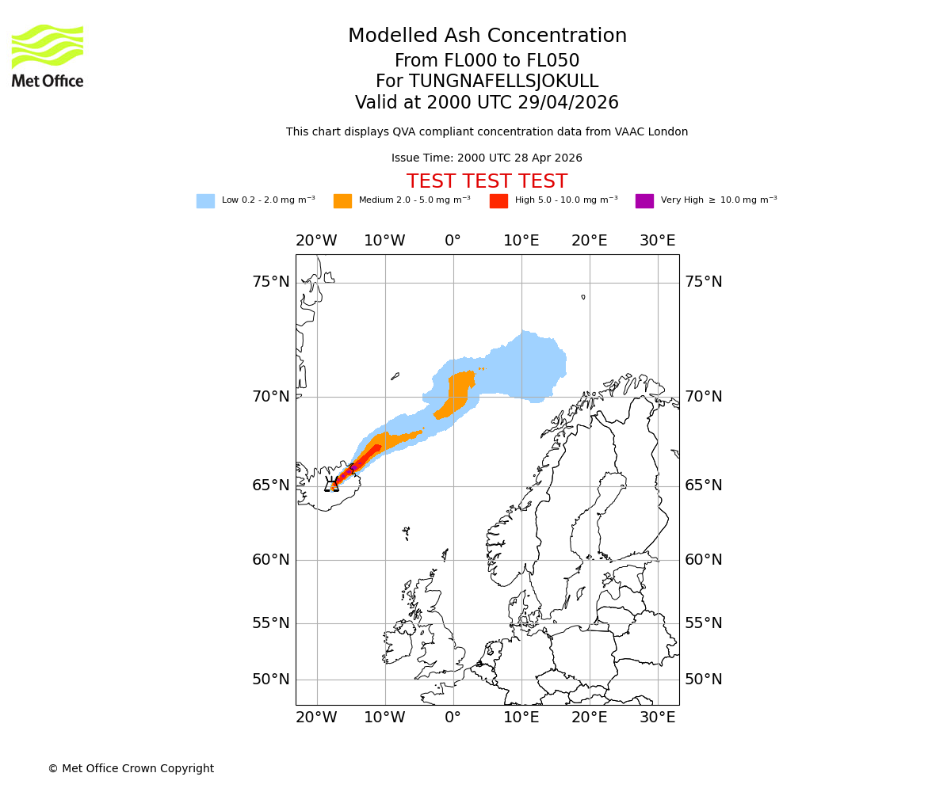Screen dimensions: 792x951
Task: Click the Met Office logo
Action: point(48,55)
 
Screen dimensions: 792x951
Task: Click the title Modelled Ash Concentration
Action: point(487,36)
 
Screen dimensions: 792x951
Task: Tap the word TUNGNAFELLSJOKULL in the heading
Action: point(503,82)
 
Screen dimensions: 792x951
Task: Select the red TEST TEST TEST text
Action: point(487,181)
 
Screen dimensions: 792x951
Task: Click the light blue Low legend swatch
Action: point(205,201)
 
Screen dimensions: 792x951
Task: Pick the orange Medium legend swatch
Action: point(342,201)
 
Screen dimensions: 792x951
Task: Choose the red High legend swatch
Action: point(498,201)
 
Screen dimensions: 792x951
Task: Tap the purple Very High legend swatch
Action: point(644,201)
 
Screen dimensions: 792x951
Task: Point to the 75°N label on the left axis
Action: point(271,282)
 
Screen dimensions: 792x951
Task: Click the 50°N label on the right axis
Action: point(704,680)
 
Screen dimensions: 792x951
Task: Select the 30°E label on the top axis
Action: point(658,241)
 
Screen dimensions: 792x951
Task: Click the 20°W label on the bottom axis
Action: point(316,718)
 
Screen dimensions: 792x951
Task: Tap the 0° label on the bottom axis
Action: point(453,718)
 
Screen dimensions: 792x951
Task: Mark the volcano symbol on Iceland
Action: point(331,485)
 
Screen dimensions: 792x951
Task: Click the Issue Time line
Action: point(487,158)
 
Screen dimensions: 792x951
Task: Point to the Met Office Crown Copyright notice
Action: point(131,769)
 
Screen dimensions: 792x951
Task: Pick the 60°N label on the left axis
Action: point(271,560)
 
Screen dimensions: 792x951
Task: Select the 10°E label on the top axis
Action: point(521,241)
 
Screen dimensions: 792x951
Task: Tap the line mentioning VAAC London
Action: point(487,132)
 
